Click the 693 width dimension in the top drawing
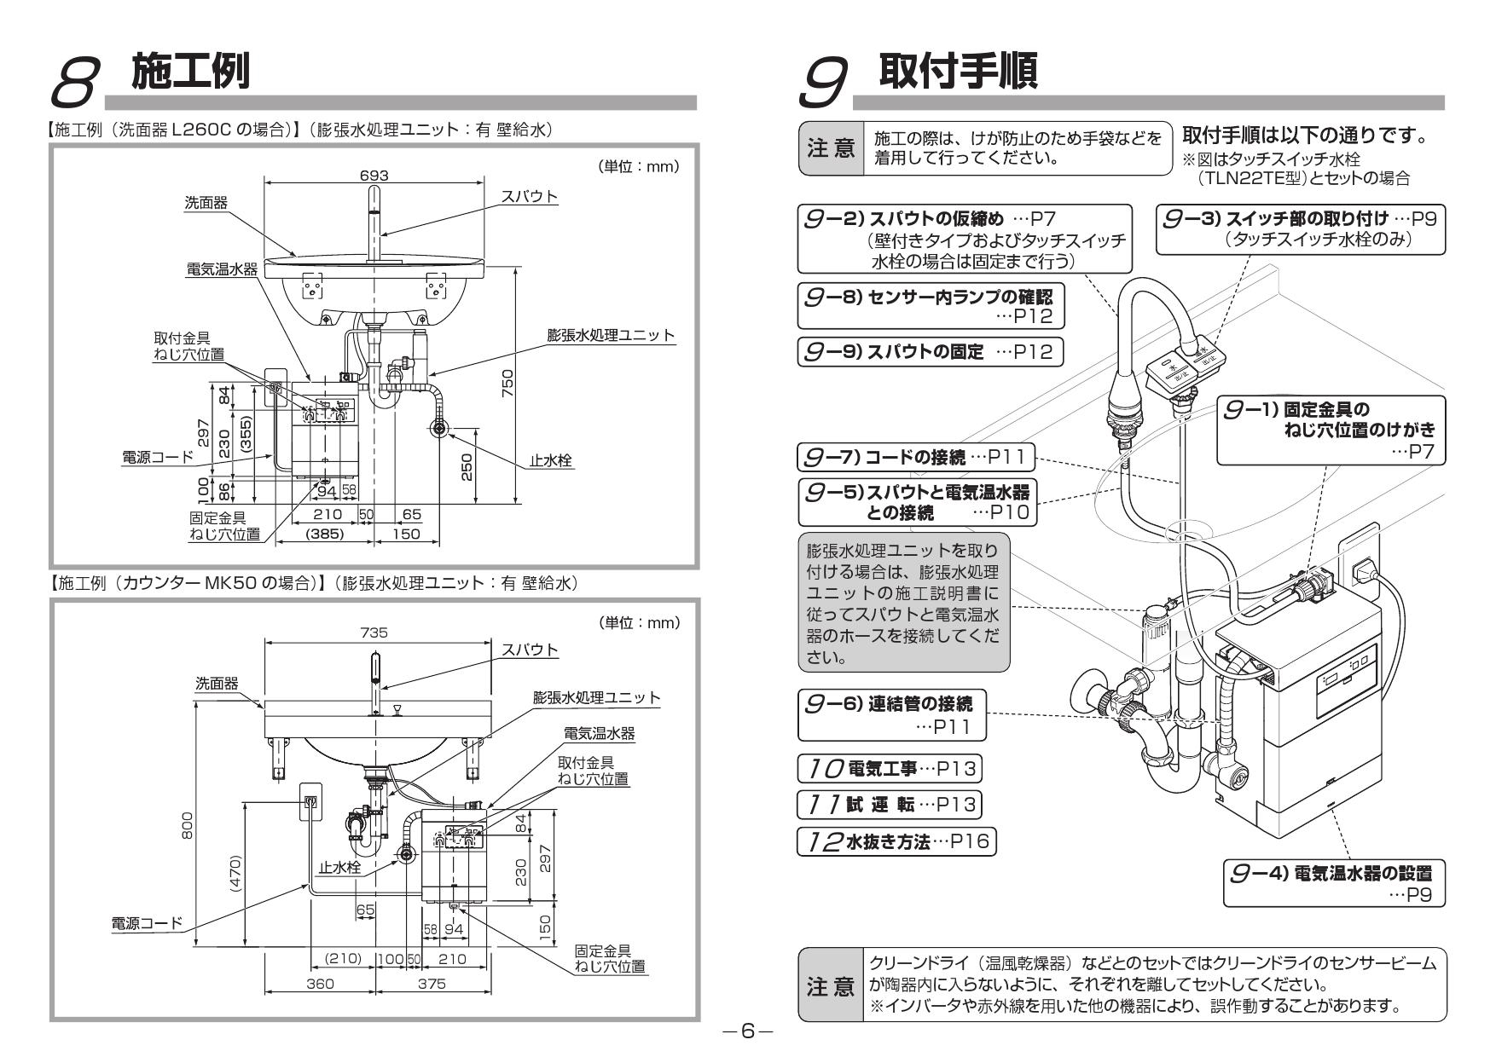(x=374, y=175)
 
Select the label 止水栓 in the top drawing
(x=550, y=460)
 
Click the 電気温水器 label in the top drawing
(x=222, y=269)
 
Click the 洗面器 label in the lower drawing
(x=217, y=683)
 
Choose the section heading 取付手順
(x=958, y=72)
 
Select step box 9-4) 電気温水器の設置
(x=1335, y=882)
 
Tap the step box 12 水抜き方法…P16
(x=896, y=842)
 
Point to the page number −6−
(x=747, y=1031)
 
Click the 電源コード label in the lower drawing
(x=147, y=922)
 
